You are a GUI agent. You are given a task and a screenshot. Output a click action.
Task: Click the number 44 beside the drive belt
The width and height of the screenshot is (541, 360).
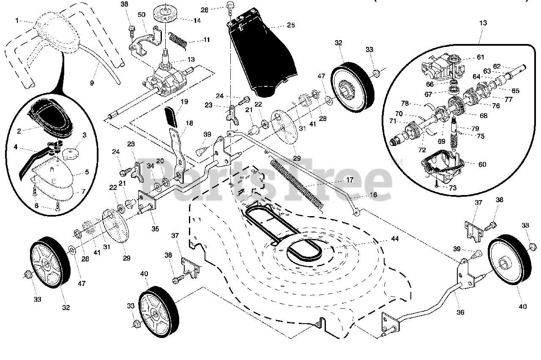[394, 239]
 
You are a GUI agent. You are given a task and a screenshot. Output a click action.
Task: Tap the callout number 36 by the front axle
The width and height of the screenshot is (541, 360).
[460, 312]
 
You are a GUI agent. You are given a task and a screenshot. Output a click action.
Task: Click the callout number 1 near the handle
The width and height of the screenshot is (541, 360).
[17, 20]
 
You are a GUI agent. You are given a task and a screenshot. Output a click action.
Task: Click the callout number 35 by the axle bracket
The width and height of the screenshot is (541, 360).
[155, 229]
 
